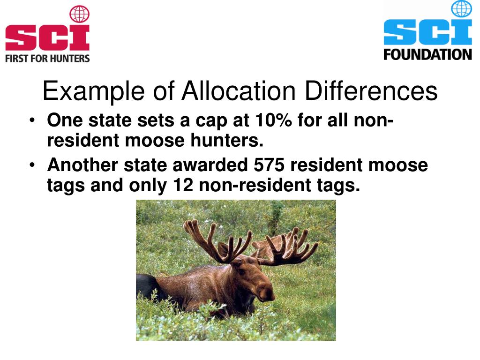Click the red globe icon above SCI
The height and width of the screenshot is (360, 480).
point(79,14)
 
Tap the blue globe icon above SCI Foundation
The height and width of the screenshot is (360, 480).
point(461,9)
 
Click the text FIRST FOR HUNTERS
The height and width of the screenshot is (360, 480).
point(47,59)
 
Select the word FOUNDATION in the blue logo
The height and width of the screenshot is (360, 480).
point(427,54)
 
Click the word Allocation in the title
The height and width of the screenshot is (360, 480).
point(239,91)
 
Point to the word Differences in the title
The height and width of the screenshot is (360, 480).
point(371,91)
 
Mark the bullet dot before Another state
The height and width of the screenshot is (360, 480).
point(31,166)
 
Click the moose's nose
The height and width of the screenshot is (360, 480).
point(268,294)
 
